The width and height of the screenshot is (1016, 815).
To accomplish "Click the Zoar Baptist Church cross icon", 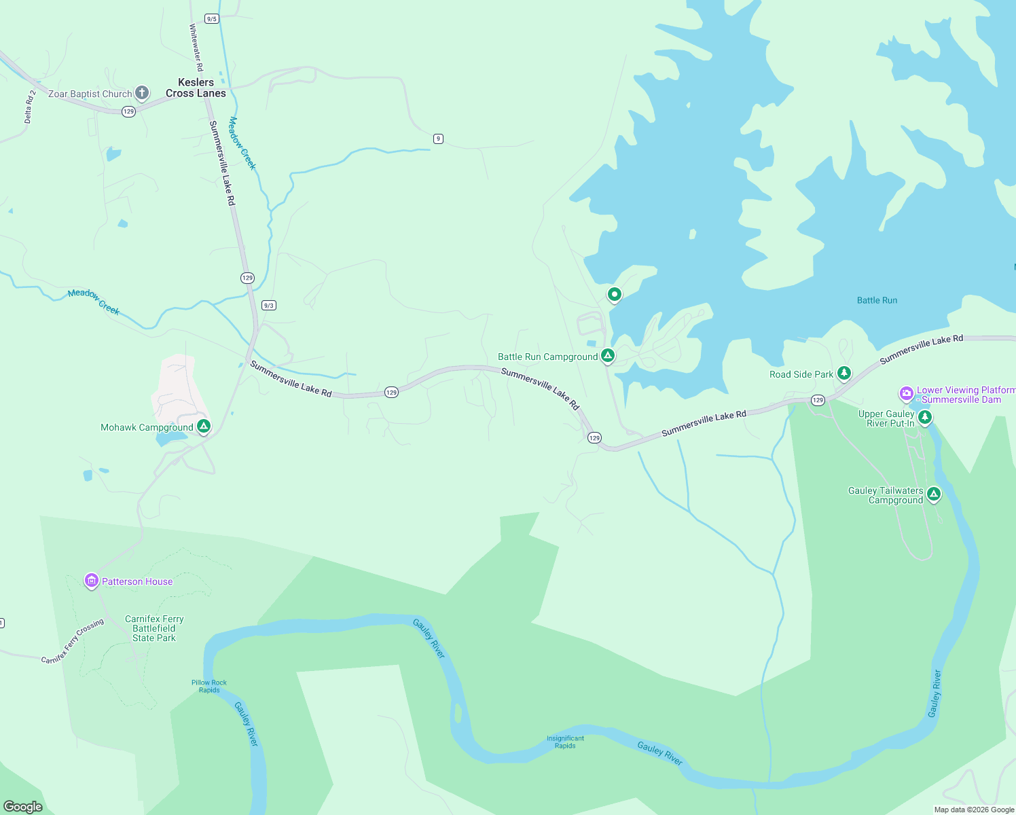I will click(x=141, y=92).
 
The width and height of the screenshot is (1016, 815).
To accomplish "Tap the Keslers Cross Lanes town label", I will click(x=196, y=88).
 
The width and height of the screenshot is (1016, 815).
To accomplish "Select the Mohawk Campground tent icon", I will click(x=203, y=427).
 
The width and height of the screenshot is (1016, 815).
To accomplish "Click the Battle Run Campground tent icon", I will click(x=608, y=356).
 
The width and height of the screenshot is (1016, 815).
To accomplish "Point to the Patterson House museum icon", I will click(x=92, y=581).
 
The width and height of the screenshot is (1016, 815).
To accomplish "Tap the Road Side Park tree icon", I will click(x=843, y=373).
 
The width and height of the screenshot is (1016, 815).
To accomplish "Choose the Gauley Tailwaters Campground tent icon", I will click(x=934, y=494).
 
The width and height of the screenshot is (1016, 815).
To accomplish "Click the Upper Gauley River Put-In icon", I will click(x=924, y=418).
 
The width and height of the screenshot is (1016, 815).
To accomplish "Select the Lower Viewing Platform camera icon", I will click(x=906, y=394).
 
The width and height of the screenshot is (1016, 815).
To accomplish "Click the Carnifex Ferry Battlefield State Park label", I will click(x=154, y=628).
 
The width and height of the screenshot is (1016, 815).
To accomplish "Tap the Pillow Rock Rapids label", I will click(x=209, y=686).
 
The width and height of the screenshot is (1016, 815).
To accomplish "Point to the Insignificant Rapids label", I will click(x=565, y=742).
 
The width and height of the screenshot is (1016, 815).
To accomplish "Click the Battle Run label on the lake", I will click(x=877, y=300).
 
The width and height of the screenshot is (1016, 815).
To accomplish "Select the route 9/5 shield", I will click(x=212, y=19).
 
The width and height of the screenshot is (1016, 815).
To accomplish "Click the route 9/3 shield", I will click(x=269, y=306).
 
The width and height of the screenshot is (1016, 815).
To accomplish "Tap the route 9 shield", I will click(x=438, y=139).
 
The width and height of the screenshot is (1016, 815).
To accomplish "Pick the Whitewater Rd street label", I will click(x=196, y=48).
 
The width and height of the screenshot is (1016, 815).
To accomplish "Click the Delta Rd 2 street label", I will click(x=29, y=107).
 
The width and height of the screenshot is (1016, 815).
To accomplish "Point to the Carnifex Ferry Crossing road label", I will click(x=72, y=640).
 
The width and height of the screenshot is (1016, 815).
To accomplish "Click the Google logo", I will click(x=23, y=806).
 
